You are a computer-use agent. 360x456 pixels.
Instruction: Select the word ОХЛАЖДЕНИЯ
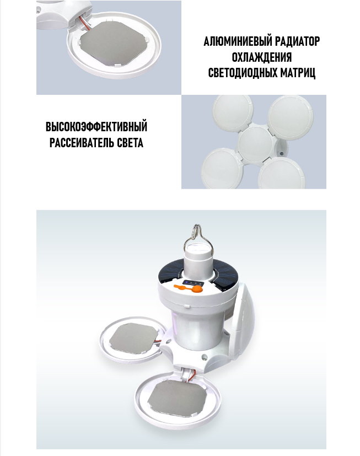(262, 57)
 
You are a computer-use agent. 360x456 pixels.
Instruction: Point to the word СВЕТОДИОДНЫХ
(243, 73)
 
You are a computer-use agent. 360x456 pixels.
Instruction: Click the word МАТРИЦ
(298, 73)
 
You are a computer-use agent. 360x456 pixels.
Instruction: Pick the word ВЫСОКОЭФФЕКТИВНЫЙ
(96, 127)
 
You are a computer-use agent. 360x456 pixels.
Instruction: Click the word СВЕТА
(130, 143)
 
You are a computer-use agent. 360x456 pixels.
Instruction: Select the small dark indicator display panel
(192, 283)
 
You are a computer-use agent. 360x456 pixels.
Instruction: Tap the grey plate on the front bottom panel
(177, 398)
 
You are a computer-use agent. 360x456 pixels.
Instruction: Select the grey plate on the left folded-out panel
(133, 337)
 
